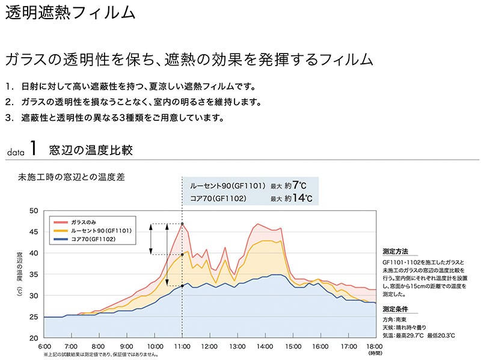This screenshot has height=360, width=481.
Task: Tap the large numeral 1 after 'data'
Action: (x=34, y=148)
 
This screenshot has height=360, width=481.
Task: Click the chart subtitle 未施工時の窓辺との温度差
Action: (x=72, y=177)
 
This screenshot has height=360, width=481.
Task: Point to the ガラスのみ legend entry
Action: (x=83, y=221)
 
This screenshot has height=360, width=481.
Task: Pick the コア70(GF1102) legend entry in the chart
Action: (x=93, y=239)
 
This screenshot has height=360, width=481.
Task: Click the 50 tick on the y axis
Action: (x=33, y=211)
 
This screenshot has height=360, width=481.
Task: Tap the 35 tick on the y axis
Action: (x=33, y=274)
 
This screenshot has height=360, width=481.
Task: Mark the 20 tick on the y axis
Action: (x=33, y=338)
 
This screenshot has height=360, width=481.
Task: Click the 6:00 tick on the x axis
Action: (x=44, y=347)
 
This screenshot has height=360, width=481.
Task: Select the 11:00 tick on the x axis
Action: (x=182, y=347)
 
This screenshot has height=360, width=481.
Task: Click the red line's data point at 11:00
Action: (x=182, y=224)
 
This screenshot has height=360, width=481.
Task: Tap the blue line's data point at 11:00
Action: (x=182, y=285)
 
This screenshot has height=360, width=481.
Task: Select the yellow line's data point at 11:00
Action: (x=182, y=254)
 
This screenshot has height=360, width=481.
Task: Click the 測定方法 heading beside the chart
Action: (x=395, y=252)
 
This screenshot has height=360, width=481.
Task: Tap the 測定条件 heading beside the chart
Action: (x=395, y=310)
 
